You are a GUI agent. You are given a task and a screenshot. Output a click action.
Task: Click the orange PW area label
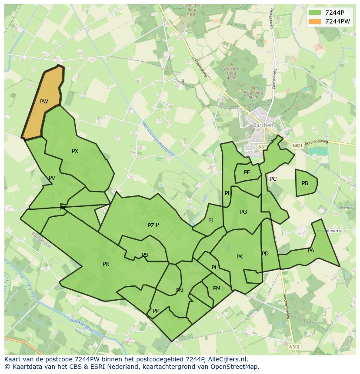point(44,102)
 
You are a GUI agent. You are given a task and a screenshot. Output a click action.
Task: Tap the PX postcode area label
point(75,151)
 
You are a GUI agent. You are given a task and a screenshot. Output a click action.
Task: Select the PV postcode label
point(52,178)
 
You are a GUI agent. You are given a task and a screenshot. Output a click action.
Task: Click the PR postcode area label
point(106,264)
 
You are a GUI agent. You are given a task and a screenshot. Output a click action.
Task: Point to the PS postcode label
point(145,255)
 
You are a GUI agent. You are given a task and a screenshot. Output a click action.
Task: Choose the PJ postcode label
point(211,221)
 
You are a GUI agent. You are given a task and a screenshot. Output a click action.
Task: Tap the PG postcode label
point(243,212)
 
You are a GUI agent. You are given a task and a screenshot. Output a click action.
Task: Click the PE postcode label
point(247,172)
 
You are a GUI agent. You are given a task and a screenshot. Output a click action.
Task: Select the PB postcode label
point(305,183)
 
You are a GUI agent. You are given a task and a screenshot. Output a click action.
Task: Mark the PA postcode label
point(311,251)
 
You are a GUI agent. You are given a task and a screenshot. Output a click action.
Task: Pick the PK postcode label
point(240,257)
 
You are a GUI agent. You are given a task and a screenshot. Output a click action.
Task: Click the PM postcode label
point(217,288)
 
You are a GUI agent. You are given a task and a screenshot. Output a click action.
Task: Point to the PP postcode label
point(156,311)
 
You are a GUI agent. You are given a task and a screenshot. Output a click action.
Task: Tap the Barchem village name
point(264,126)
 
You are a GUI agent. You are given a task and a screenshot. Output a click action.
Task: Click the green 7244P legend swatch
point(315,12)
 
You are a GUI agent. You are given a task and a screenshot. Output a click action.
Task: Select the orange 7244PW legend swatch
point(315,21)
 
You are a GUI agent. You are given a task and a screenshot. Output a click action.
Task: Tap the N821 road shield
point(297,146)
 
